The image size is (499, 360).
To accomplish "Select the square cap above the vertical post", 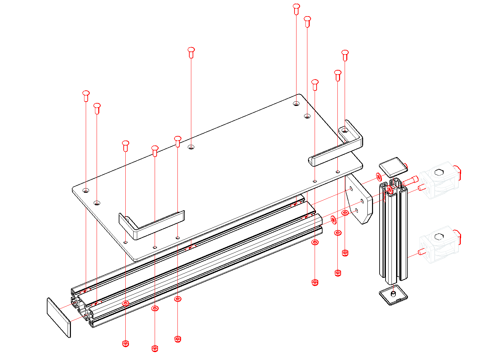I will click(392, 167).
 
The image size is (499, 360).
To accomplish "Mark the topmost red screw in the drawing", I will click(296, 9).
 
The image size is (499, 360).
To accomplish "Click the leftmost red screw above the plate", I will click(86, 96).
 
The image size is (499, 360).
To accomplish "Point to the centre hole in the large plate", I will click(191, 147).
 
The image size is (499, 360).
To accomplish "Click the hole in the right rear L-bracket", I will click(345, 131).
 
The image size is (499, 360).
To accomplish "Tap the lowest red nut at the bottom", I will click(155, 348).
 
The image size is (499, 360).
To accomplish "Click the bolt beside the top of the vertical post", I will click(411, 180).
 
